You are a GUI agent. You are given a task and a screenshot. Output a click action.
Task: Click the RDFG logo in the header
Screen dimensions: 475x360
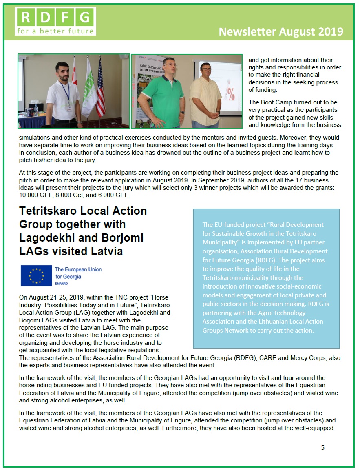point(55,21)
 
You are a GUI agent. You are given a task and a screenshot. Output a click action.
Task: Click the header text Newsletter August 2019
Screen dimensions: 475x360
point(281,32)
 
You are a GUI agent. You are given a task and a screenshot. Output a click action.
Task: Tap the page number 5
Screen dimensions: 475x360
point(323,447)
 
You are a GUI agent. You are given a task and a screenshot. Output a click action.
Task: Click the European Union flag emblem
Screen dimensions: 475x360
point(36,275)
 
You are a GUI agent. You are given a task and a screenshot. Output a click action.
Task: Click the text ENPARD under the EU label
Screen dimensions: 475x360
point(62,283)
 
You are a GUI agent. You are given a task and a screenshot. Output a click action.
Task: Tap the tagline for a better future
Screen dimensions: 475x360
point(55,31)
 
